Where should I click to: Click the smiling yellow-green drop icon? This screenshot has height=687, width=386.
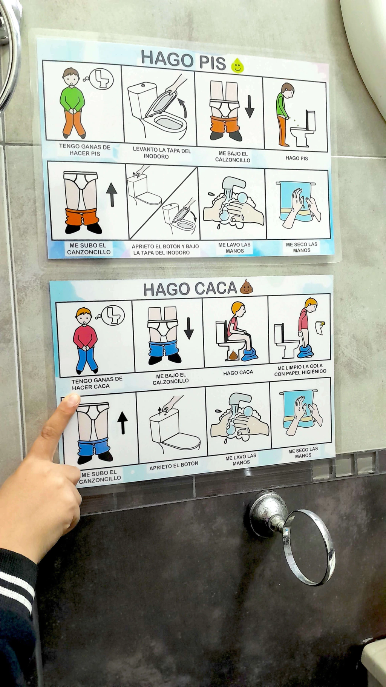pyautogui.click(x=237, y=66)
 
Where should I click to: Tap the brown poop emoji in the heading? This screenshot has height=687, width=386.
pyautogui.click(x=246, y=287)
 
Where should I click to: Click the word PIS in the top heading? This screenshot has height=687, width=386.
pyautogui.click(x=213, y=62)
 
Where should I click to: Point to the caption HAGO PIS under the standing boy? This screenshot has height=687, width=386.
pyautogui.click(x=297, y=158)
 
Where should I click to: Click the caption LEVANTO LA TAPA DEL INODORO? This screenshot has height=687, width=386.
pyautogui.click(x=162, y=153)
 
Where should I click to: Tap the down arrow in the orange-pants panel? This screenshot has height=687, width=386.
pyautogui.click(x=250, y=107)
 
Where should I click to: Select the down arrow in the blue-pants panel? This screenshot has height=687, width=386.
pyautogui.click(x=189, y=328)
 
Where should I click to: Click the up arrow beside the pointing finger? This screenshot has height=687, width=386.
pyautogui.click(x=123, y=422)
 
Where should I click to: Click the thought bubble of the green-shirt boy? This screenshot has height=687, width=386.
pyautogui.click(x=101, y=79)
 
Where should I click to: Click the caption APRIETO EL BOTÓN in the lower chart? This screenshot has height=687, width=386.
pyautogui.click(x=174, y=465)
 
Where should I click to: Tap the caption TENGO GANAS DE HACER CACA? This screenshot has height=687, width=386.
pyautogui.click(x=97, y=383)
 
